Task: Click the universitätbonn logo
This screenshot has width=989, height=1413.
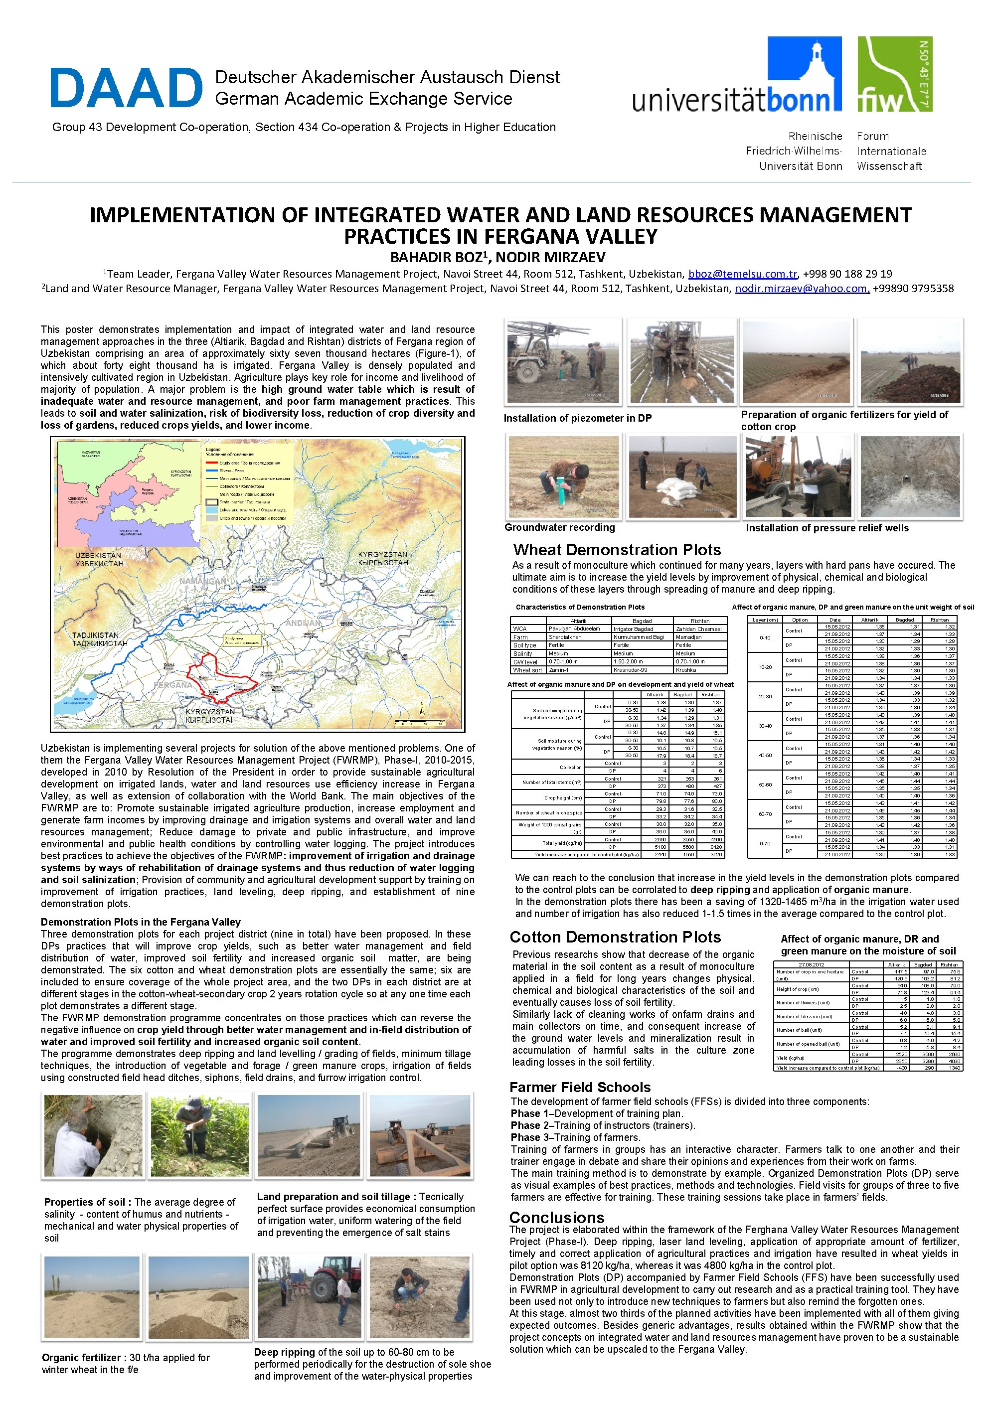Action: tap(737, 77)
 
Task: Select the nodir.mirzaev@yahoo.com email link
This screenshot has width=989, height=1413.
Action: tap(801, 289)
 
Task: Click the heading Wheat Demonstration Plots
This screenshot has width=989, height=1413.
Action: tap(617, 550)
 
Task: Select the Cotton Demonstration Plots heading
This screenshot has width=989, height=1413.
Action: tap(615, 938)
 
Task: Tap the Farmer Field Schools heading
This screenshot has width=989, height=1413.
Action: tap(580, 1088)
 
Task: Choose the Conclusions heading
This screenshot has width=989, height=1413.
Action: tap(556, 1217)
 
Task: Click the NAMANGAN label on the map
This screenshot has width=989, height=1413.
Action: tap(202, 581)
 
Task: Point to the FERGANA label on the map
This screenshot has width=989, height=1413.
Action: tap(173, 684)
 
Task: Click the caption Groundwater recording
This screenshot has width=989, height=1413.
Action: tap(559, 527)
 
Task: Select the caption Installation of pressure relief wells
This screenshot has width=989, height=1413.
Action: tap(826, 528)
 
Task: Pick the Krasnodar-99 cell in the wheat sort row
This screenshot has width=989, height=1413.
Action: tap(630, 669)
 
